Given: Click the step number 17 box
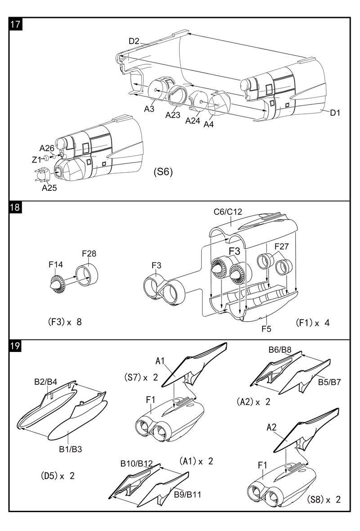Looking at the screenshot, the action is click(x=16, y=24).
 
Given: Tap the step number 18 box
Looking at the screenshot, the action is click(x=16, y=207).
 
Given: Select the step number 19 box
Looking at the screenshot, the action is click(x=16, y=346).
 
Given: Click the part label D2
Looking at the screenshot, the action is click(x=134, y=41).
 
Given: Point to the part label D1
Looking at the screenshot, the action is click(x=335, y=113).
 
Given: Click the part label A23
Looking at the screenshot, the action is click(x=173, y=115).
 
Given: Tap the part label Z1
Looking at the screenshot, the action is click(x=36, y=159).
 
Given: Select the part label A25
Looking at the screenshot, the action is click(x=49, y=188).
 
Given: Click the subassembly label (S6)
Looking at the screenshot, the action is click(x=163, y=172).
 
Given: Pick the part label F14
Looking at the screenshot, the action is click(x=55, y=265).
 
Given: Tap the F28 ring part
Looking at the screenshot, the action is click(x=87, y=274).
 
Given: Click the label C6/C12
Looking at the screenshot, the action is click(x=228, y=212).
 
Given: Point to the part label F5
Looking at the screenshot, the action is click(x=266, y=328).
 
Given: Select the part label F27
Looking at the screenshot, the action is click(x=281, y=246).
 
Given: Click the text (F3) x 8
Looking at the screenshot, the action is click(x=65, y=322).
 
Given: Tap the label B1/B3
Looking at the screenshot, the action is click(x=71, y=450).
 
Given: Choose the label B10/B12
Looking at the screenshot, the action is click(x=136, y=463).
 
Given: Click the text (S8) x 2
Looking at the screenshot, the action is click(x=324, y=499).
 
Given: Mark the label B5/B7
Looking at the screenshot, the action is click(x=329, y=382).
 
